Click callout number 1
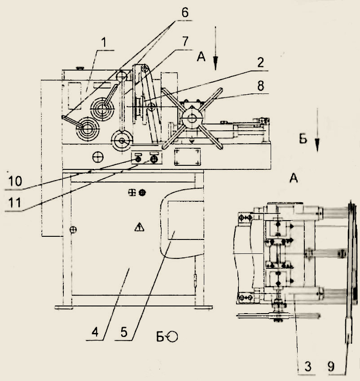click(104, 43)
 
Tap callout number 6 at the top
click(185, 13)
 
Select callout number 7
click(185, 41)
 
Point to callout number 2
click(260, 62)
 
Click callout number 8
click(260, 85)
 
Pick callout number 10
click(15, 181)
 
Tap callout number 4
click(95, 332)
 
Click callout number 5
click(124, 332)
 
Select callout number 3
click(308, 366)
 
